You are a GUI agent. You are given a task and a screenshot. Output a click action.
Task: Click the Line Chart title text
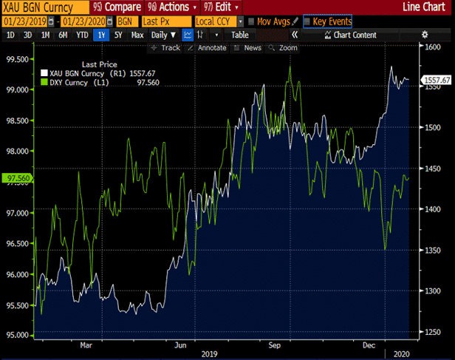pyautogui.click(x=429, y=7)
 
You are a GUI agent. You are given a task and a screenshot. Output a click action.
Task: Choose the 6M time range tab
pyautogui.click(x=63, y=35)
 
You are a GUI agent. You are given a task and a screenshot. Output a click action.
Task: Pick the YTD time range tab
pyautogui.click(x=81, y=35)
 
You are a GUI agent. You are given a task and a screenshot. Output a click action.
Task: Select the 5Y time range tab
pyautogui.click(x=118, y=35)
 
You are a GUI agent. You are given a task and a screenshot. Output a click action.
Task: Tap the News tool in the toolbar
pyautogui.click(x=252, y=48)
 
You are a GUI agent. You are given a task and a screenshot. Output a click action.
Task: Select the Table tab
pyautogui.click(x=239, y=35)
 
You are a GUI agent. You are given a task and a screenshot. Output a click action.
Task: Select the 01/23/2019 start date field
pyautogui.click(x=22, y=21)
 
